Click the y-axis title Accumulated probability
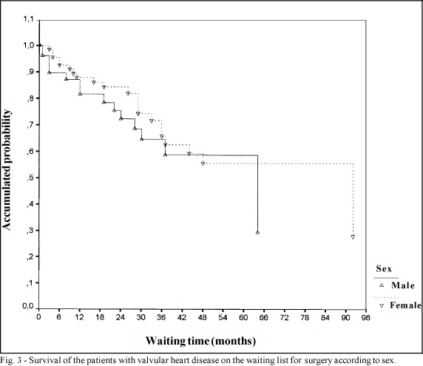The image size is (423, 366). click(x=7, y=170)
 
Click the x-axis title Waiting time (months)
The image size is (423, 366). click(x=200, y=341)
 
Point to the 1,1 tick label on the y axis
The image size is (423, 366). click(x=28, y=19)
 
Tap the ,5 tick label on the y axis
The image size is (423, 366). click(x=30, y=177)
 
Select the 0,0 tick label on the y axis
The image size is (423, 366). click(x=28, y=306)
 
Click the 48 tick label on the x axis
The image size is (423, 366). click(x=203, y=317)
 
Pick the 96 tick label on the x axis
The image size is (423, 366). click(x=366, y=317)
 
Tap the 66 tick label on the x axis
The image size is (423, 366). click(x=263, y=317)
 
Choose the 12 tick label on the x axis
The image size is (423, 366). click(x=79, y=317)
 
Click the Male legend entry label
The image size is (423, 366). click(x=403, y=285)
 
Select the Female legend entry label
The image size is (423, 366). click(x=405, y=305)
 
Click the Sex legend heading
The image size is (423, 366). click(x=384, y=268)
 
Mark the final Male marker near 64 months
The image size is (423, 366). click(x=257, y=232)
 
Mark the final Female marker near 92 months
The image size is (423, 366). click(x=353, y=237)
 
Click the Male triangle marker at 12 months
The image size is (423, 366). click(x=80, y=94)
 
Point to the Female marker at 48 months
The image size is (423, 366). click(x=203, y=163)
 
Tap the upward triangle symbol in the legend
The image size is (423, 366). click(x=382, y=285)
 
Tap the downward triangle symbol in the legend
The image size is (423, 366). click(x=382, y=305)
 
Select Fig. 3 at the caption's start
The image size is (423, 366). click(x=10, y=361)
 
